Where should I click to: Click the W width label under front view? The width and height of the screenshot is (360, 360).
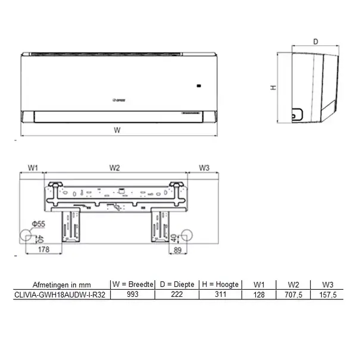point(117,130)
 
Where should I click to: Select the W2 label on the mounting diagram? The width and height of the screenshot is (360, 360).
point(115,168)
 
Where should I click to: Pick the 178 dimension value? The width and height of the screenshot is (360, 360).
point(43,251)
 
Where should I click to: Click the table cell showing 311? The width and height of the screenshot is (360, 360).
point(220,294)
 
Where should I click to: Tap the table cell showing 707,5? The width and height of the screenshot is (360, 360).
point(293,294)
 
